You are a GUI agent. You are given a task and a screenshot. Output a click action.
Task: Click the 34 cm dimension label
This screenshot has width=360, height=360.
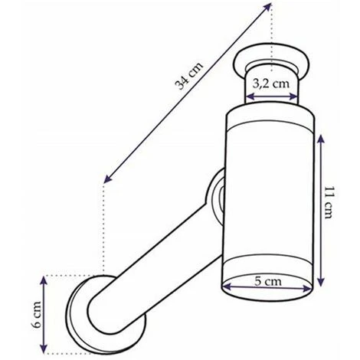[x=188, y=76]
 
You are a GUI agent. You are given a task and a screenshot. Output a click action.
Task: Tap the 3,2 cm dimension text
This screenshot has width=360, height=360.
[x=271, y=83]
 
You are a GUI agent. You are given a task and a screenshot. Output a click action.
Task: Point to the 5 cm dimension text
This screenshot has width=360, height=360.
[x=268, y=281]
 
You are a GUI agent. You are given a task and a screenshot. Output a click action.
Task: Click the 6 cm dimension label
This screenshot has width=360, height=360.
[x=37, y=315]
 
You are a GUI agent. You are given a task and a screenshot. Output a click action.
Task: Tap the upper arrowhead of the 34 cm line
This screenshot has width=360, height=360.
[x=268, y=7]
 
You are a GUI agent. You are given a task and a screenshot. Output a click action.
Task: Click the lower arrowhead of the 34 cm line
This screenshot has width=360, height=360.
[x=108, y=178]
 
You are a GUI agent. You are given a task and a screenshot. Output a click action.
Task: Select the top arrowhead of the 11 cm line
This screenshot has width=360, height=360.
[x=321, y=139]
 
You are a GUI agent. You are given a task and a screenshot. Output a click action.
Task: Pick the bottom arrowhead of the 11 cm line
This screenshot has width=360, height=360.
[x=321, y=281]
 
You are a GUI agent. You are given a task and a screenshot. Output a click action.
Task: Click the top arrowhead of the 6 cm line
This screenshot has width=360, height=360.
[x=44, y=281]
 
